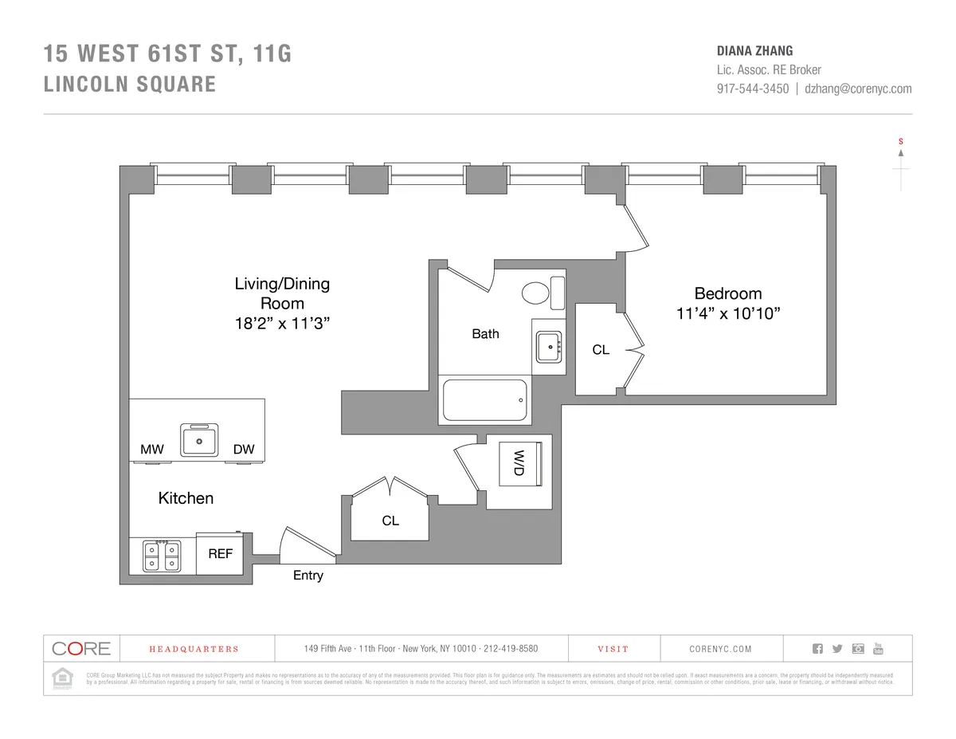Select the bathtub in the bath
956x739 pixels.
(x=485, y=400)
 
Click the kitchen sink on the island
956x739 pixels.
(x=199, y=439)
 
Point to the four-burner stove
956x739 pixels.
(x=162, y=555)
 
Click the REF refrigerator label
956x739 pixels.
(x=220, y=553)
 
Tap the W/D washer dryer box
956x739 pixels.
(x=519, y=462)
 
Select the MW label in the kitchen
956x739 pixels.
(x=151, y=450)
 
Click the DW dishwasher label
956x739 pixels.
(x=244, y=450)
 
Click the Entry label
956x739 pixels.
(x=308, y=576)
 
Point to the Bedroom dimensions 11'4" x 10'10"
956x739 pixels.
(x=727, y=314)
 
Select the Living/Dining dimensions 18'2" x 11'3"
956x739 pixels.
(x=282, y=324)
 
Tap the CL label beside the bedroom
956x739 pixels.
(x=601, y=349)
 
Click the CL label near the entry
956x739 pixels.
(x=390, y=521)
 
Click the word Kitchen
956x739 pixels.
(x=186, y=498)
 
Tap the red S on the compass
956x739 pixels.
(x=901, y=142)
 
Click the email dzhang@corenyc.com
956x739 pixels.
(x=858, y=89)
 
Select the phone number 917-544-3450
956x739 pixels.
(x=753, y=89)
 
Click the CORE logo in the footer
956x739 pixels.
(x=81, y=648)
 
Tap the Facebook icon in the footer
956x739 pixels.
(x=817, y=648)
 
